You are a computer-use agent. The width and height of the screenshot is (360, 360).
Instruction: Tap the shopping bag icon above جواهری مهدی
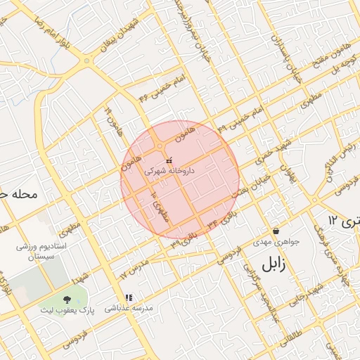(x=275, y=231)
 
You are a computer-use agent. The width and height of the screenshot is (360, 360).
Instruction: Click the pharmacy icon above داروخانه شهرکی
(x=169, y=161)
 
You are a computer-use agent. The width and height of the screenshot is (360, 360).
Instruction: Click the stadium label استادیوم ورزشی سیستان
(x=41, y=254)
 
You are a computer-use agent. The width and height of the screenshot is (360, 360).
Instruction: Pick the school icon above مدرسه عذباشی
(x=128, y=297)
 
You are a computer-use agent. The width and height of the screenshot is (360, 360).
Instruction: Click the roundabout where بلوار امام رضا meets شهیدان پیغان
(x=86, y=61)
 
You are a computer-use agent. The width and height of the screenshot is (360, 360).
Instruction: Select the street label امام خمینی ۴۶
(x=162, y=87)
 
